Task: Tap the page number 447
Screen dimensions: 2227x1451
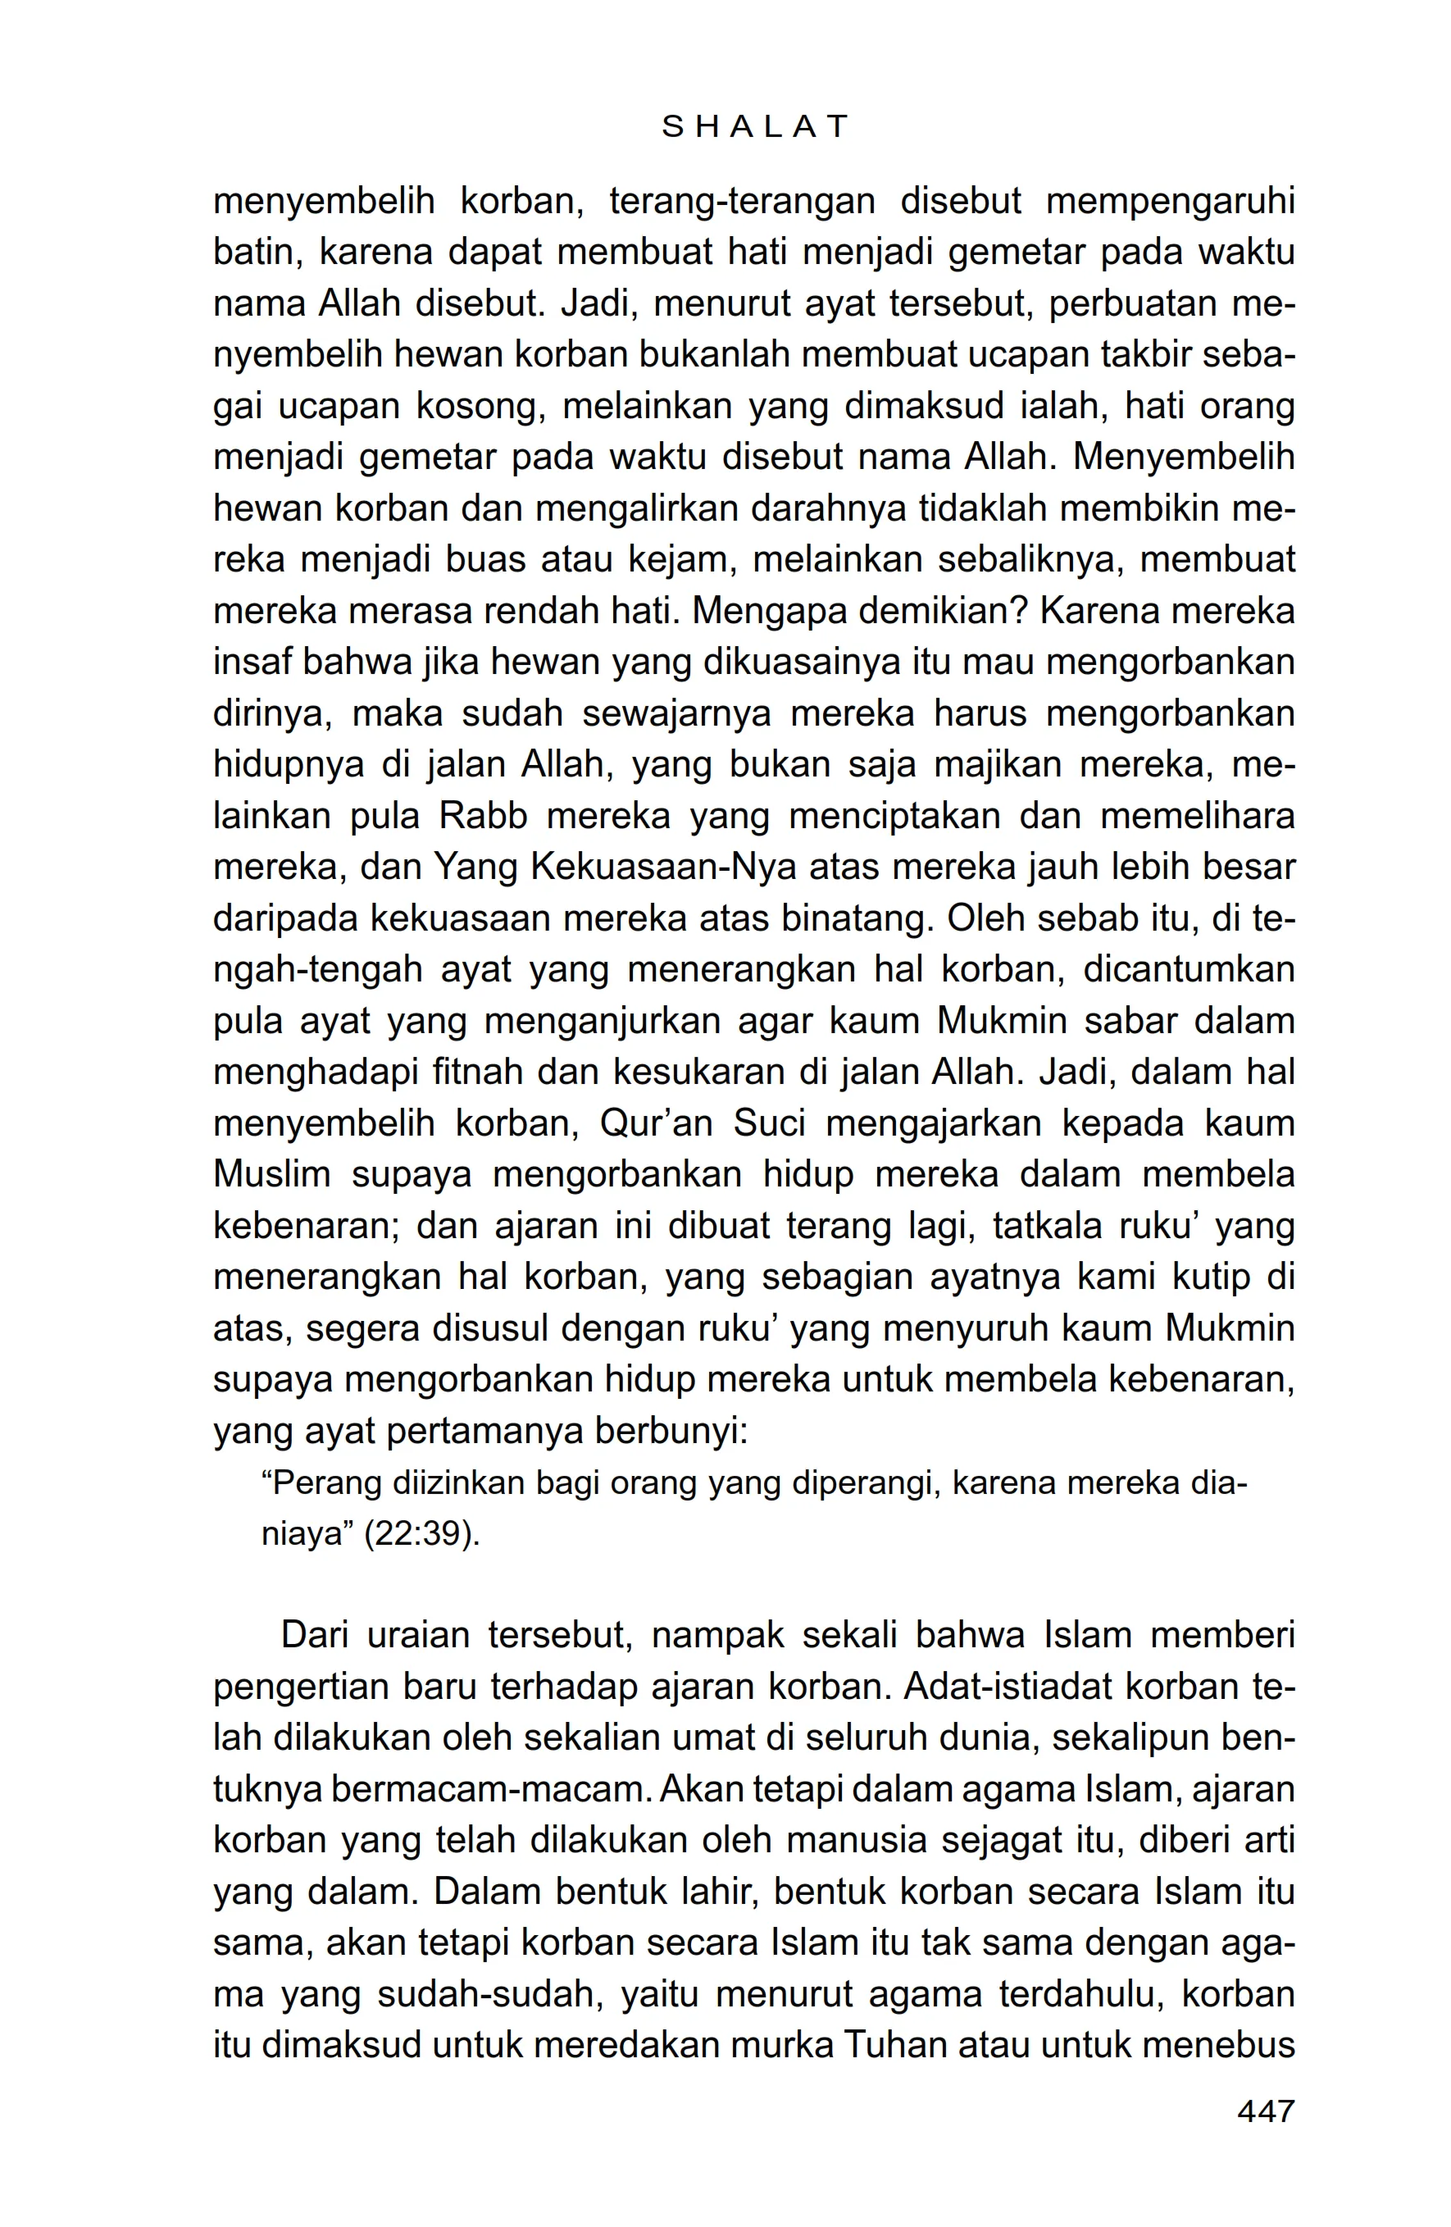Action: point(1265,2110)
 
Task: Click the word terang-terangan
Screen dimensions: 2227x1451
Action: point(742,201)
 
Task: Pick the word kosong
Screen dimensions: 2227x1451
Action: point(475,406)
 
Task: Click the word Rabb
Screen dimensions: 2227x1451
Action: point(483,816)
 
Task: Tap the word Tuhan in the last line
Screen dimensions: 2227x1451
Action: point(900,2046)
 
